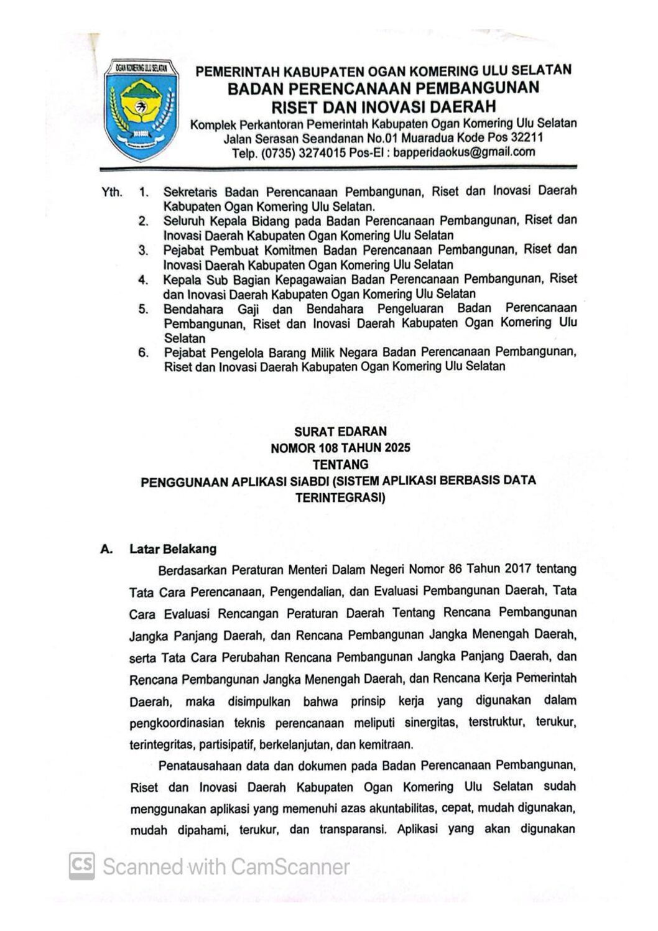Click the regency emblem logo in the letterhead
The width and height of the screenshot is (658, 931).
coord(142,109)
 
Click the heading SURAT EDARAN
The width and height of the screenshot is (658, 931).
coord(340,431)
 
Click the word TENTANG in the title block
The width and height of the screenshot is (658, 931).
coord(340,465)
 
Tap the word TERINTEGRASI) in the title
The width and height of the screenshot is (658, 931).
coord(340,498)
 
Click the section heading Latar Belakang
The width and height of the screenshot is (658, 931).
coord(173,549)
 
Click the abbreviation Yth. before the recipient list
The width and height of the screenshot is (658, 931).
coord(112,192)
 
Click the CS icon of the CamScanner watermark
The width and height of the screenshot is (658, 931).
coord(82,866)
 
